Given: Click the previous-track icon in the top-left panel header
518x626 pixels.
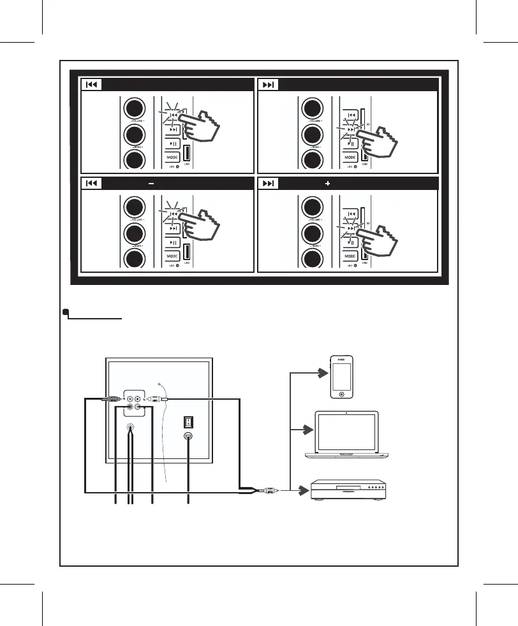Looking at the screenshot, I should pos(91,84).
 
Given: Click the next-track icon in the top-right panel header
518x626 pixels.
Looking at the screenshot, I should pos(269,84).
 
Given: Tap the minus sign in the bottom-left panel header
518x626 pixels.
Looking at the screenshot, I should pos(151,183).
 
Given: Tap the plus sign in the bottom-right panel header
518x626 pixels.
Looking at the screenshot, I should pos(328,183).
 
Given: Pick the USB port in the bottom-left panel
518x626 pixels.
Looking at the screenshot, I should pos(188,253).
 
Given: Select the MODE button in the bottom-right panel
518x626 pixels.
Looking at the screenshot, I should pos(350,255).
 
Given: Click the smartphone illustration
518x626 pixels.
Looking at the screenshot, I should pos(343,376).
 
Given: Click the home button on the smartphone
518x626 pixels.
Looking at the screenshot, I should pos(343,394).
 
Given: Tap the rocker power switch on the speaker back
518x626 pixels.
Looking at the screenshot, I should pos(188,421).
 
